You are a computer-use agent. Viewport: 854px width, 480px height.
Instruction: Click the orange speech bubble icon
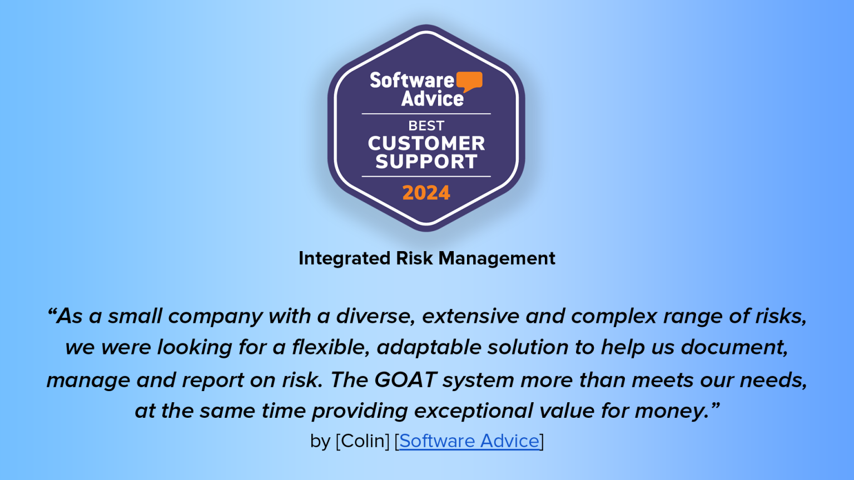pyautogui.click(x=469, y=81)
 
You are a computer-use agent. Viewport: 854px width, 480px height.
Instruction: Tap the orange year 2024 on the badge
pyautogui.click(x=426, y=193)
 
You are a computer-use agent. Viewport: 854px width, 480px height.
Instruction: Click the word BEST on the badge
pyautogui.click(x=426, y=126)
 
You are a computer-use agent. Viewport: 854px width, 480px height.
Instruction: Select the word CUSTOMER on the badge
pyautogui.click(x=426, y=143)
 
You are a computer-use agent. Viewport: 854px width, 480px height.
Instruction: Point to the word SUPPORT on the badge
pyautogui.click(x=426, y=162)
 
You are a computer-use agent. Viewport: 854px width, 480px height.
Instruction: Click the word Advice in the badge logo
pyautogui.click(x=432, y=99)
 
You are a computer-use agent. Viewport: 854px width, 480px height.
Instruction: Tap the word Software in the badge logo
pyautogui.click(x=412, y=81)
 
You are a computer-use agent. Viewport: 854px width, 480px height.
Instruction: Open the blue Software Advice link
pyautogui.click(x=469, y=441)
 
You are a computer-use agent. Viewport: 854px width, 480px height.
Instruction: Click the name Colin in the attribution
pyautogui.click(x=363, y=441)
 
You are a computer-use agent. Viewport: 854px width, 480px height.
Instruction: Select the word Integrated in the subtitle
pyautogui.click(x=345, y=258)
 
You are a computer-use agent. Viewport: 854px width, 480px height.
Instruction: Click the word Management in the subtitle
pyautogui.click(x=496, y=258)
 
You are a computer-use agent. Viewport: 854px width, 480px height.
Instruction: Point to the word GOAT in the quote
pyautogui.click(x=405, y=380)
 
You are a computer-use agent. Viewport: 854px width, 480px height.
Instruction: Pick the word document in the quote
pyautogui.click(x=734, y=347)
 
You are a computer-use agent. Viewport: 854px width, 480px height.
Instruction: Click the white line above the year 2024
pyautogui.click(x=426, y=176)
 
